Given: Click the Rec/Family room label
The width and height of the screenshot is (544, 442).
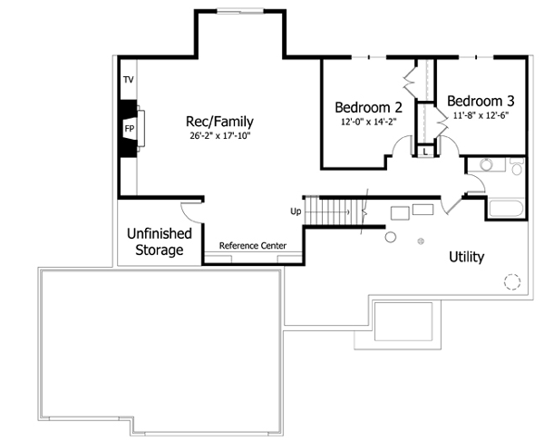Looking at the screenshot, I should pos(219,121).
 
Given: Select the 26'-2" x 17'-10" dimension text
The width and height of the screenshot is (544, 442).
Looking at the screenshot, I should pos(219,136).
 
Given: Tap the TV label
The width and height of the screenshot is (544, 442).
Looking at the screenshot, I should pos(128,80).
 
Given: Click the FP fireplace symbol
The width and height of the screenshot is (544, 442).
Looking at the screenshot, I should pos(130,128).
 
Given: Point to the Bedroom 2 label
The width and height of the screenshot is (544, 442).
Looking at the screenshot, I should pos(368,105).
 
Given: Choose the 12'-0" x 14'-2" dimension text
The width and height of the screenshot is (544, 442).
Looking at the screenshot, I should pos(368,121).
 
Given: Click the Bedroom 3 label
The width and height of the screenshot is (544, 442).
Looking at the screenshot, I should pos(481,100).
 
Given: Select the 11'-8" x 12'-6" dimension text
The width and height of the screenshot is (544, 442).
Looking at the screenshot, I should pos(481,115).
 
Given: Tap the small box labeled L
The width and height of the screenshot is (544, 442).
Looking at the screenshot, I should pos(425,152).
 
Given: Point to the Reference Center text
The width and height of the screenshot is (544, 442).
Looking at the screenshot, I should pos(253,246).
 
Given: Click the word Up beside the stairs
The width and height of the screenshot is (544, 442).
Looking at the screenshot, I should pos(296,211).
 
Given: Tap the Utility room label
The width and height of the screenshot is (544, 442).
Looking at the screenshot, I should pos(466,257).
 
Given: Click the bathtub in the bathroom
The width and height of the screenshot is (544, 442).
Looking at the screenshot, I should pos(506,208).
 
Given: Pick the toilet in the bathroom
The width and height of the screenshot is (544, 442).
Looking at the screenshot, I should pos(516,167).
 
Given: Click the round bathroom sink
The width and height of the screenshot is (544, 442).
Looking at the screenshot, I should pos(486,165).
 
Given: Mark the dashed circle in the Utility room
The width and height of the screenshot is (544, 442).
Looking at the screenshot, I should pos(513,281).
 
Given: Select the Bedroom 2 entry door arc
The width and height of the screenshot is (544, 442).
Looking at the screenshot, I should pos(400,148).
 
